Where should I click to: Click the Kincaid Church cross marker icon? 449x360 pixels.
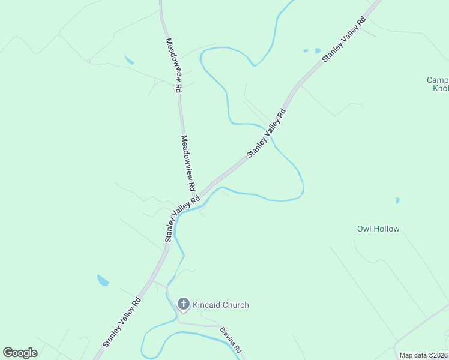(x=184, y=304)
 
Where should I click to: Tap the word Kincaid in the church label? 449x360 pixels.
(x=206, y=305)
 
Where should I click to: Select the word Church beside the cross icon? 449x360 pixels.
(x=235, y=305)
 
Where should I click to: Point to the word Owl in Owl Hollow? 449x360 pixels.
(x=364, y=229)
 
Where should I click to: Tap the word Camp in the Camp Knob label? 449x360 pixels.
(x=437, y=80)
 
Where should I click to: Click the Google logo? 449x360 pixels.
(x=20, y=353)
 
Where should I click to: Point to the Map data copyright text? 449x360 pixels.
(x=423, y=355)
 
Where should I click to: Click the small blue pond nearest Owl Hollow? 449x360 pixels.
(x=397, y=200)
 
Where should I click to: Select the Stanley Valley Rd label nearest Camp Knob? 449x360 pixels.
(x=344, y=40)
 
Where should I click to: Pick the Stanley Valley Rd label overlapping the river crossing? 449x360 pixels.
(x=266, y=134)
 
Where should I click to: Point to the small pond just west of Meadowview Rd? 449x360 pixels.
(x=129, y=60)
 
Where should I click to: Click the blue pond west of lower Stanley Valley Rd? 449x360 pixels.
(x=103, y=280)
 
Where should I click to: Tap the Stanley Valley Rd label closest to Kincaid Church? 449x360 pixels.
(x=122, y=322)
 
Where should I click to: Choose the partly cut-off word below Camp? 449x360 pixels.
(x=441, y=89)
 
